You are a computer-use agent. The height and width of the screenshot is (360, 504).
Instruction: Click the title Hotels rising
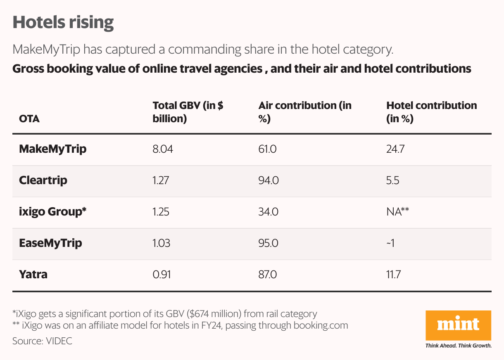(63, 22)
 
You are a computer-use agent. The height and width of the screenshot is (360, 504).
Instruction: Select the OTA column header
(30, 119)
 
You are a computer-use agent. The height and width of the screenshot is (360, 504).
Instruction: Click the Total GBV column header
(188, 112)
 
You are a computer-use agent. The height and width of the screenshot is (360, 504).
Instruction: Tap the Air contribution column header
(305, 112)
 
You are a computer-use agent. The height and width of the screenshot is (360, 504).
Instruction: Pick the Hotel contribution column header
(431, 112)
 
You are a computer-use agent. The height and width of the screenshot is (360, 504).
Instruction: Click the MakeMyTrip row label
(53, 149)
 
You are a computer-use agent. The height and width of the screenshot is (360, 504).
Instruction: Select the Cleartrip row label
(43, 180)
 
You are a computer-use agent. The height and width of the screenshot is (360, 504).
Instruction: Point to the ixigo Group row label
(53, 212)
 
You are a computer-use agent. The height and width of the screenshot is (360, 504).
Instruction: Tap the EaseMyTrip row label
(50, 243)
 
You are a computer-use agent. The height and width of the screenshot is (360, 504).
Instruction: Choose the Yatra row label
(33, 274)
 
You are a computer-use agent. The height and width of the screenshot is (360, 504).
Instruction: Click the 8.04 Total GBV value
(162, 149)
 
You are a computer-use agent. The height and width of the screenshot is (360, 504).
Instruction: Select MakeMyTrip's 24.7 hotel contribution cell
(395, 149)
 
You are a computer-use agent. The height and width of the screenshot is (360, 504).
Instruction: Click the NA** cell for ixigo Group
(397, 212)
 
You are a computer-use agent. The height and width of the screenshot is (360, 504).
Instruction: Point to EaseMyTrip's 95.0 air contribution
(268, 243)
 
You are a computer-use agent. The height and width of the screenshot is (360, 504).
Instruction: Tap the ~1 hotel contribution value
(390, 243)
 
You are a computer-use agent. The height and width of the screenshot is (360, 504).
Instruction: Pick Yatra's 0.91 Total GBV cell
(162, 274)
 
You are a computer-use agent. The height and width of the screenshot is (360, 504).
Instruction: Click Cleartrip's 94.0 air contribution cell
(268, 180)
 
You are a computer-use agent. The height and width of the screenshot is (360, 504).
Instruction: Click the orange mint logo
(458, 325)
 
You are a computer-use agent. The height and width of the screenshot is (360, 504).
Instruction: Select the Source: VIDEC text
(42, 341)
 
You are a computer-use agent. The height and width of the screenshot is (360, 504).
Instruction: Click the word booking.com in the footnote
(321, 325)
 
